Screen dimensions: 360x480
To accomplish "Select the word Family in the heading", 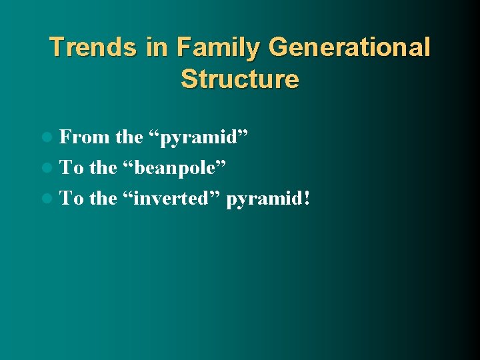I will point(215,49).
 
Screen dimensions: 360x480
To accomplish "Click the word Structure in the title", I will point(240,79).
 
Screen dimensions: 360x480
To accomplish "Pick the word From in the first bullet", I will point(85,137).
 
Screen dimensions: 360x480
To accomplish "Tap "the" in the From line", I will point(129,137).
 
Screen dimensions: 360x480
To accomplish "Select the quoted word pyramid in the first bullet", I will point(199,139).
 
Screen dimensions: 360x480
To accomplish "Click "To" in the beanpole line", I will point(72,167).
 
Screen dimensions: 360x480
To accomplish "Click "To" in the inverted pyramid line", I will point(72,198).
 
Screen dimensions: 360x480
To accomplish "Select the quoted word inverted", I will point(171,198).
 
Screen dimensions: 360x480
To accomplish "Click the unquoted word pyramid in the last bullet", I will point(263,199).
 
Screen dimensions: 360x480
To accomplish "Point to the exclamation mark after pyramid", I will point(306,198).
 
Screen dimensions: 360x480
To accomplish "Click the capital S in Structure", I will point(189,79).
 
